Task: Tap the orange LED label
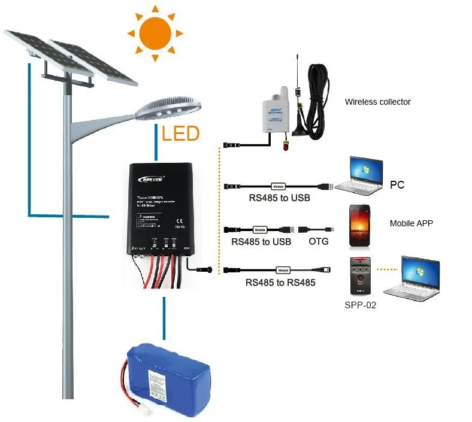(x=180, y=133)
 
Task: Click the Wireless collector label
(x=377, y=102)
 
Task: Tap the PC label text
(x=397, y=185)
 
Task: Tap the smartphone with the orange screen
(x=362, y=227)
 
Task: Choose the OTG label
(x=317, y=242)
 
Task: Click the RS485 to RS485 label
(x=280, y=283)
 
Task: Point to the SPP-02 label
(x=361, y=304)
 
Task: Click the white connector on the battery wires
(x=145, y=412)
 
